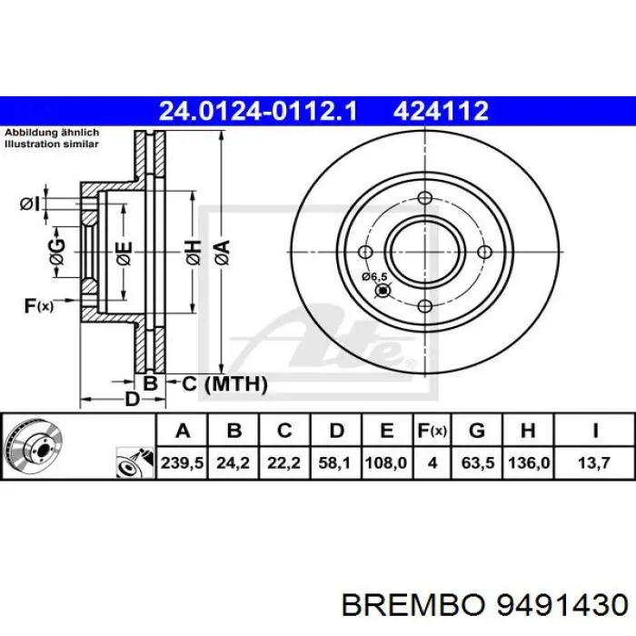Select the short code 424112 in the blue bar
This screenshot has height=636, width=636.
(x=441, y=111)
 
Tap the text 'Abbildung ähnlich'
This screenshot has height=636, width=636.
(x=52, y=132)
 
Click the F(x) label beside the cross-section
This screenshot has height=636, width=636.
(x=38, y=305)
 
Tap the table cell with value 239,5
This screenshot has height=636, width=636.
(x=183, y=462)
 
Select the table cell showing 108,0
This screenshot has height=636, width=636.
(x=386, y=462)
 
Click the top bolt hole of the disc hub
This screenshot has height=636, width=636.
(x=422, y=195)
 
